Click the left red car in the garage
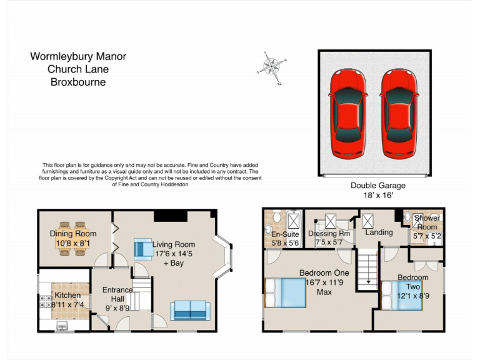click(347, 113)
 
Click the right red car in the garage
click(399, 113)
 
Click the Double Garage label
click(377, 186)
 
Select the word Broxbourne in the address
click(78, 82)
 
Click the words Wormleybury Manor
click(78, 57)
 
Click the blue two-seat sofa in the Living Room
click(189, 310)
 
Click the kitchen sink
click(62, 325)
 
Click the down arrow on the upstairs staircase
click(368, 282)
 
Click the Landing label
click(379, 232)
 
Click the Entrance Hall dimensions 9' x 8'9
click(117, 308)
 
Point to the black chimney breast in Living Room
click(170, 216)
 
